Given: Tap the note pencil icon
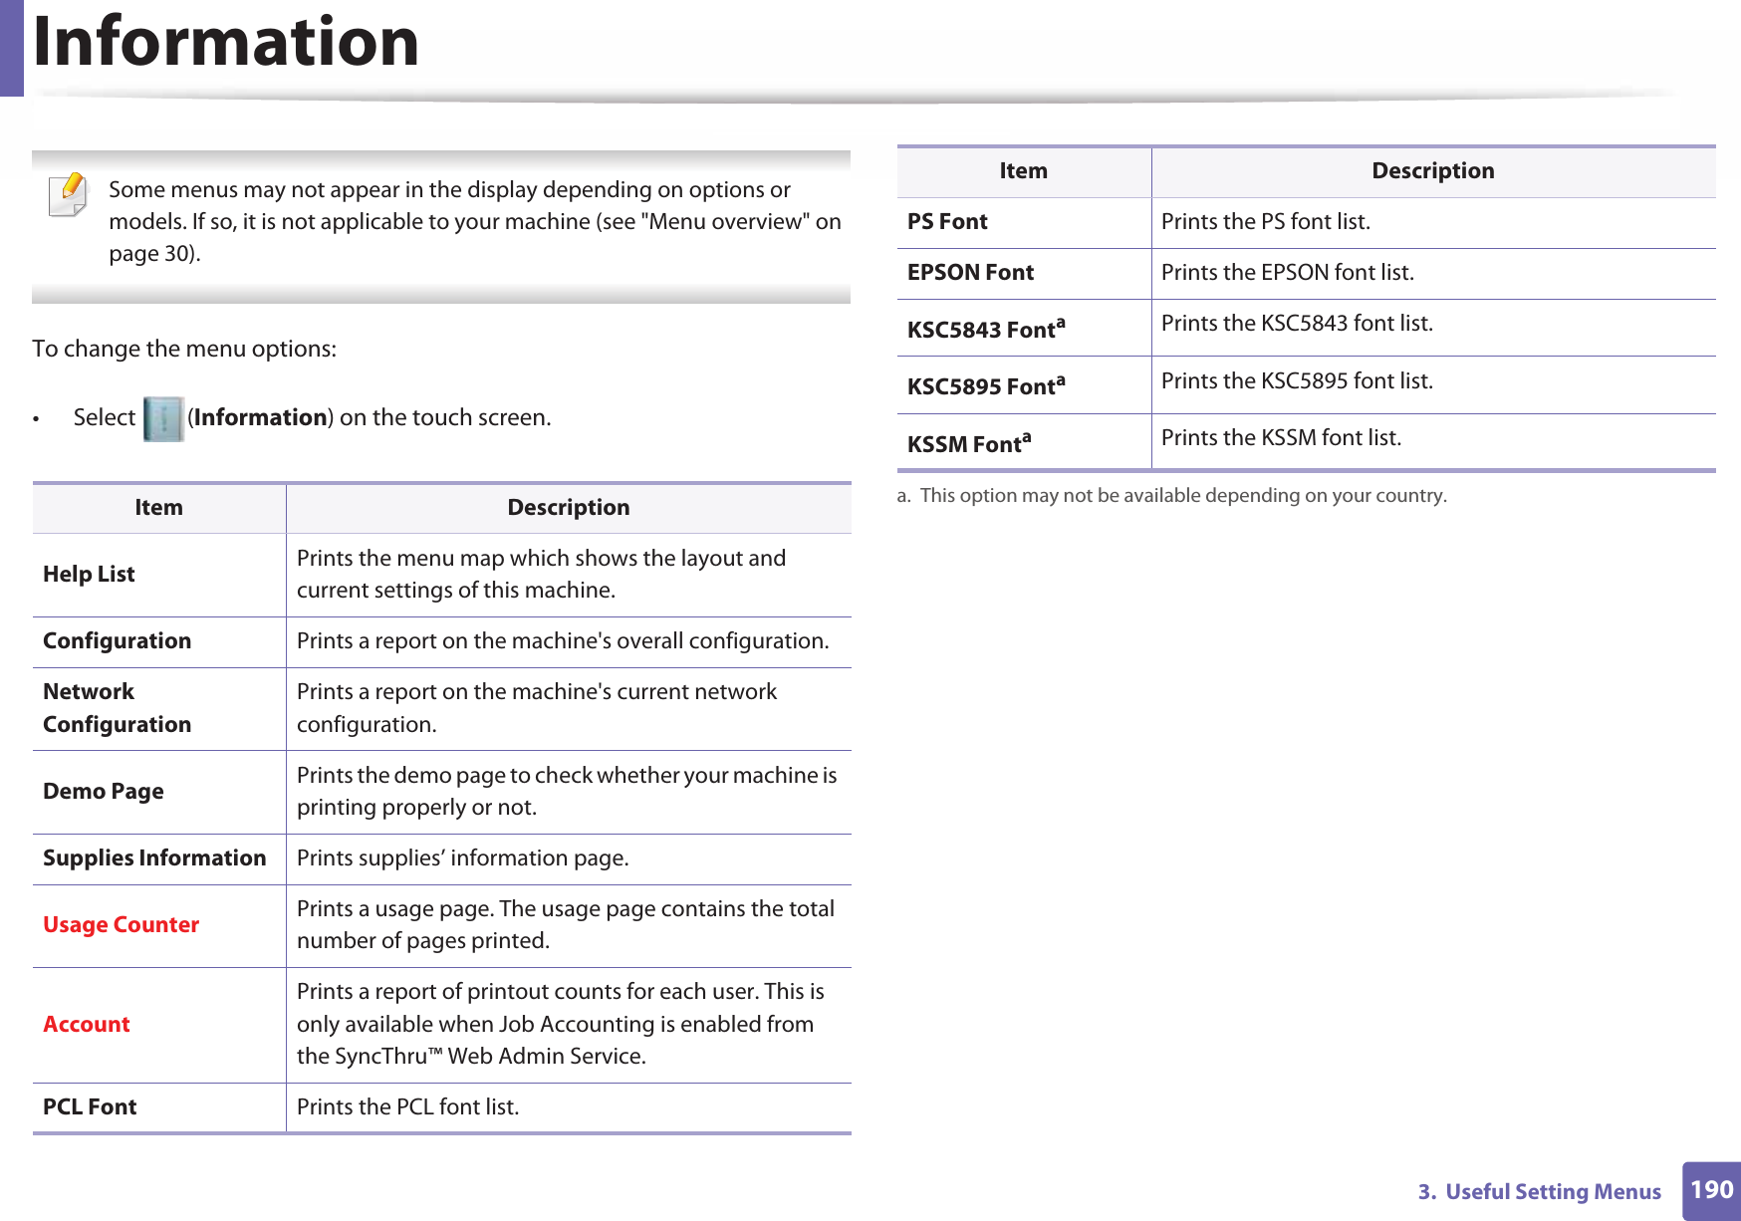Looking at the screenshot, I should (x=68, y=194).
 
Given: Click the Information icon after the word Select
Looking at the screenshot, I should (x=163, y=418).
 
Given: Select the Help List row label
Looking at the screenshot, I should (x=89, y=575).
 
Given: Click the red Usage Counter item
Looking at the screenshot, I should (x=121, y=925).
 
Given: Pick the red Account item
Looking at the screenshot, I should (x=87, y=1025).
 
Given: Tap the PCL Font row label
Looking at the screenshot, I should (x=90, y=1107).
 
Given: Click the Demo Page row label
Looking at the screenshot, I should (x=103, y=792).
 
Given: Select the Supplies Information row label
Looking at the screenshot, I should (x=154, y=858).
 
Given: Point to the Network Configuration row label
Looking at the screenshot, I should (x=117, y=708).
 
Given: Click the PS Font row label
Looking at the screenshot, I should (x=947, y=222).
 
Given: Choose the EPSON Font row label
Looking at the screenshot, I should (x=970, y=273).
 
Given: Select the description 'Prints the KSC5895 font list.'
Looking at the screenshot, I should (x=1297, y=381).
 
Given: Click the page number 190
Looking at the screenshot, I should (x=1711, y=1190).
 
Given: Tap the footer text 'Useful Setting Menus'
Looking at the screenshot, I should (x=1552, y=1192).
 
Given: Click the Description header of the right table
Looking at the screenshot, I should (x=1432, y=171).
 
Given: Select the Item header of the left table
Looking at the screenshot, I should (x=158, y=508).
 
